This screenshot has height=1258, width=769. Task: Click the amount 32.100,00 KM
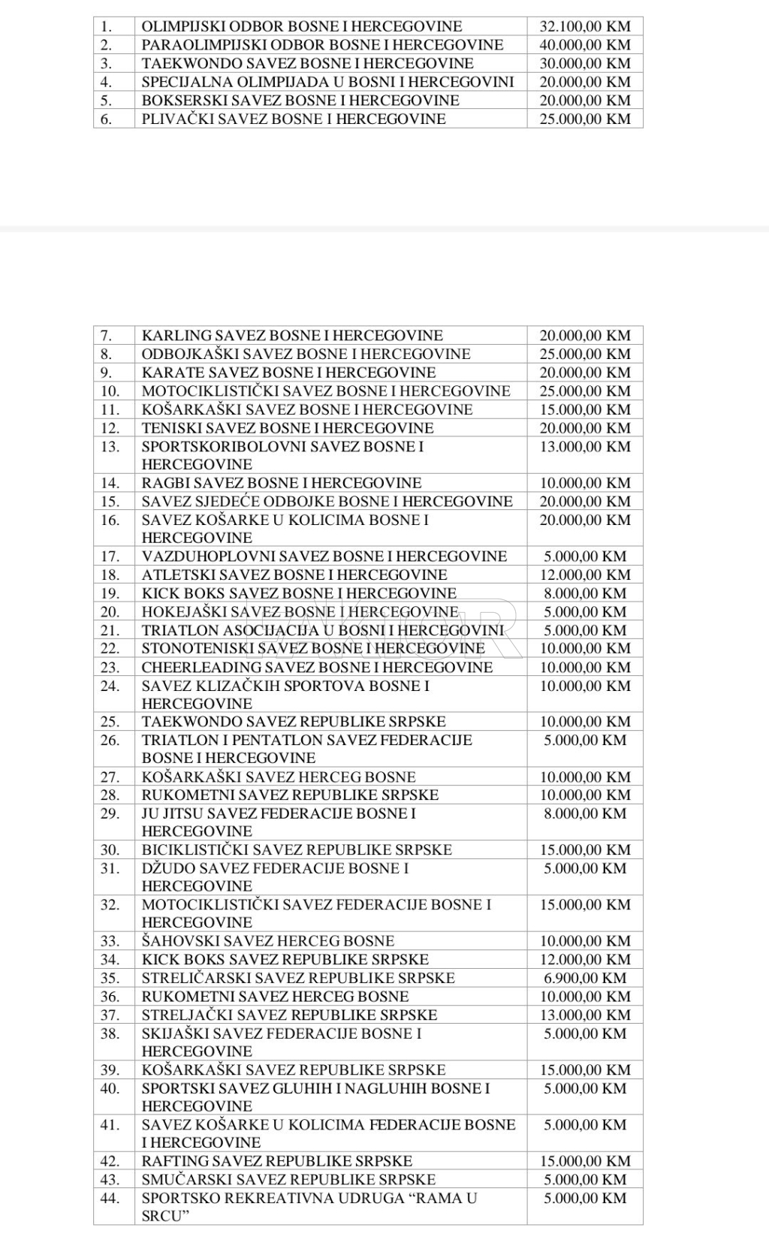click(585, 26)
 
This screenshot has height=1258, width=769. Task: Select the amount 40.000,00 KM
click(585, 45)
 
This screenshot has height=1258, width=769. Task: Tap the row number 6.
click(106, 119)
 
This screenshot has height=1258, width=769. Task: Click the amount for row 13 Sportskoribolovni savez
click(585, 447)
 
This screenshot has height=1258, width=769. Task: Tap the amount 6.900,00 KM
click(585, 978)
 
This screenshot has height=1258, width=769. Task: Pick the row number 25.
click(110, 722)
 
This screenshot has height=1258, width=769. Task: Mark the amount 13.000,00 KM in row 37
click(585, 1015)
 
